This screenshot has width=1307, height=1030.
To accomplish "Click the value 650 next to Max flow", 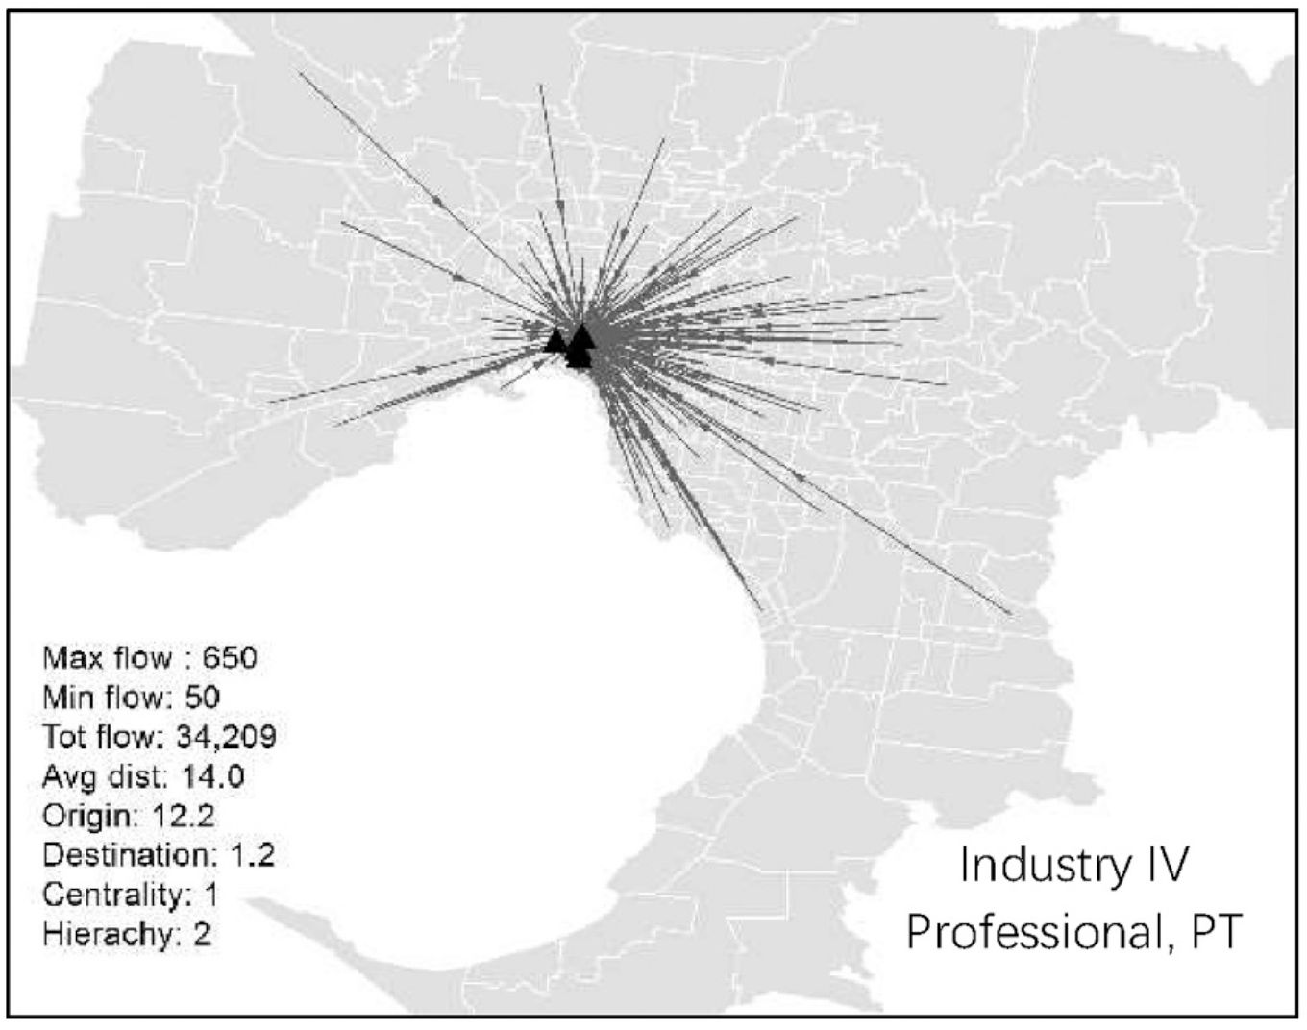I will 231,658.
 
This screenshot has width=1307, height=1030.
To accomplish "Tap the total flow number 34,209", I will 226,737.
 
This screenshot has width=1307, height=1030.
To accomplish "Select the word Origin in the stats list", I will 84,816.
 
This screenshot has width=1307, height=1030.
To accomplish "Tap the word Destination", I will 119,855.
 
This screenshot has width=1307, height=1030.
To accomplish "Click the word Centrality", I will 110,895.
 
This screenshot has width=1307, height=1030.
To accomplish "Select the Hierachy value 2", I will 202,934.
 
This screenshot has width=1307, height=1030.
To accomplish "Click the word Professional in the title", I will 1032,930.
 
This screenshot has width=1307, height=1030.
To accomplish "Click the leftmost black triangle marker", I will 555,340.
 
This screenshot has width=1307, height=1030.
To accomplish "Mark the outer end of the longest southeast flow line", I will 1011,613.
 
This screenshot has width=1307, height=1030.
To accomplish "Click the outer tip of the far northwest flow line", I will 300,71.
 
